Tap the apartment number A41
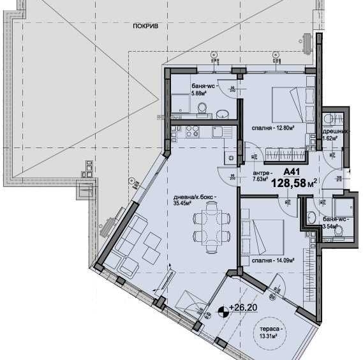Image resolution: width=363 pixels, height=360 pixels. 291,171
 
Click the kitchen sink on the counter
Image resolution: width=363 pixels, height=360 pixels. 218,133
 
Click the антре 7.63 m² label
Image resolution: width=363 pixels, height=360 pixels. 262,177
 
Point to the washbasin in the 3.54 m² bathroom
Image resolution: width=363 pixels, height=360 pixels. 312,218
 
